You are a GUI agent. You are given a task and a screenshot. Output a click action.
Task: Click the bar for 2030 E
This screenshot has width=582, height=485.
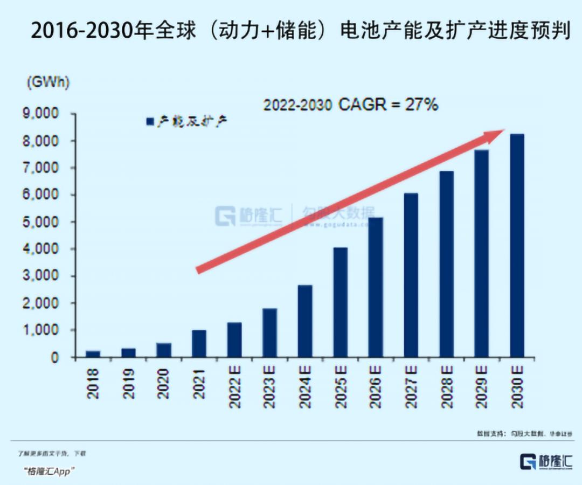pyautogui.click(x=517, y=246)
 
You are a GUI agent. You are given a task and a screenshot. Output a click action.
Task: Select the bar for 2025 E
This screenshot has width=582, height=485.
pyautogui.click(x=340, y=302)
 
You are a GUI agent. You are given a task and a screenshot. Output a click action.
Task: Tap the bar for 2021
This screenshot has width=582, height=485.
pyautogui.click(x=199, y=344)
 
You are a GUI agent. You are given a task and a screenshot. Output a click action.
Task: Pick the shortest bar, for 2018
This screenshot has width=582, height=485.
pyautogui.click(x=93, y=354)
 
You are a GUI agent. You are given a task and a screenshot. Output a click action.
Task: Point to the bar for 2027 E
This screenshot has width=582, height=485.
pyautogui.click(x=411, y=275)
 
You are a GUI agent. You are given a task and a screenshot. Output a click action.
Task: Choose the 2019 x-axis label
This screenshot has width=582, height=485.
pyautogui.click(x=128, y=384)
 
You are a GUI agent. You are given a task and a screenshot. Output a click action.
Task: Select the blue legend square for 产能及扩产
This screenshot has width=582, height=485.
pyautogui.click(x=150, y=122)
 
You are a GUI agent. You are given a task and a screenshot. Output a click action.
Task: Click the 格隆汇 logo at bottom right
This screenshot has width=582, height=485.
pyautogui.click(x=545, y=461)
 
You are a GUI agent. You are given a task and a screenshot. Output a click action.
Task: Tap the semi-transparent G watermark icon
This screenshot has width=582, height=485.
pyautogui.click(x=225, y=216)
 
